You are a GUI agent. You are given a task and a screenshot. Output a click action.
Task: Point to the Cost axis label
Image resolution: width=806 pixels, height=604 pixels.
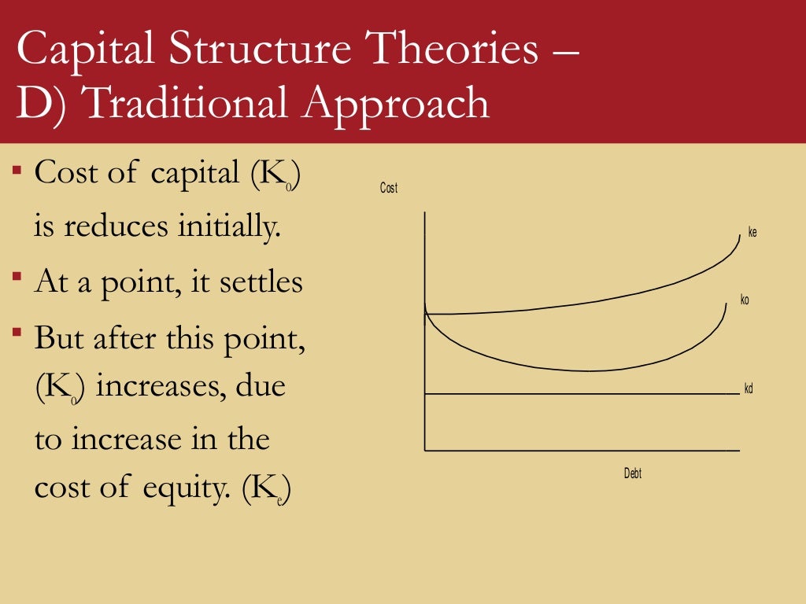pos(389,189)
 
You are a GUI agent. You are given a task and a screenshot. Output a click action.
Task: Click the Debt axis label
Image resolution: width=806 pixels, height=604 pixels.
pos(633,473)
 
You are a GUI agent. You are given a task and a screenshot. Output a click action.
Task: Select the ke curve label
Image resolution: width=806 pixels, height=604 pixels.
pos(752,233)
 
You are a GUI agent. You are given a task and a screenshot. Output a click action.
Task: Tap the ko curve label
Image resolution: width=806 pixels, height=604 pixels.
pos(745,300)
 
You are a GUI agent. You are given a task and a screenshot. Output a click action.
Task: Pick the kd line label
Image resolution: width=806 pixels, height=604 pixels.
pos(749,389)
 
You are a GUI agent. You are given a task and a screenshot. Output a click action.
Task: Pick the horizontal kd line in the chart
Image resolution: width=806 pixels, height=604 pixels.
pos(582,393)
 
